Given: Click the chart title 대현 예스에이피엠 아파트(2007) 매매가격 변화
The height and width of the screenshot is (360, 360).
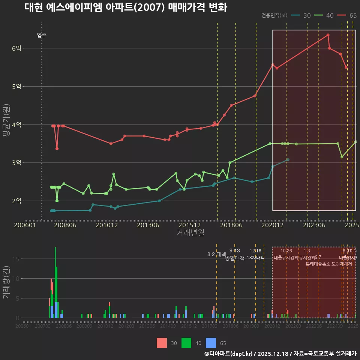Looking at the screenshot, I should pyautogui.click(x=126, y=7).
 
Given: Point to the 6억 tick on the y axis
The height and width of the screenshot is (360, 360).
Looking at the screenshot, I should pyautogui.click(x=17, y=48).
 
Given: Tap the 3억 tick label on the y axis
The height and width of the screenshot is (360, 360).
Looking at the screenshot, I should pyautogui.click(x=17, y=163).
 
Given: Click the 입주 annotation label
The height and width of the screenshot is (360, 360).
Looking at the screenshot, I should pyautogui.click(x=42, y=36).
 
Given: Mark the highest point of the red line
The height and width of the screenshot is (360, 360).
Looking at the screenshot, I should pyautogui.click(x=328, y=35).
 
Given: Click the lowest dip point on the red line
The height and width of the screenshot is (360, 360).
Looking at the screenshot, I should pyautogui.click(x=57, y=148).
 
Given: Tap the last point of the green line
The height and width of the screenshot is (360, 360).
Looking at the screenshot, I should pyautogui.click(x=355, y=142).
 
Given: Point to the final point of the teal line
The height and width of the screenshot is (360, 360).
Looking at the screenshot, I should pyautogui.click(x=288, y=160).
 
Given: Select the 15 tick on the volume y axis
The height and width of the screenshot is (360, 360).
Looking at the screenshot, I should pyautogui.click(x=17, y=259).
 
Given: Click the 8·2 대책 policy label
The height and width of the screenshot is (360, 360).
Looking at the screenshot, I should pyautogui.click(x=217, y=254).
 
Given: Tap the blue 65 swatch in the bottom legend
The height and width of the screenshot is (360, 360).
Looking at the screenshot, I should pyautogui.click(x=212, y=343).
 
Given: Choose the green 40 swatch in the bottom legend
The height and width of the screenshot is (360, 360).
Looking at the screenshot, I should pyautogui.click(x=186, y=343).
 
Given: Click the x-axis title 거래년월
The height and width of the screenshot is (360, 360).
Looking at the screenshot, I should pyautogui.click(x=190, y=233).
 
